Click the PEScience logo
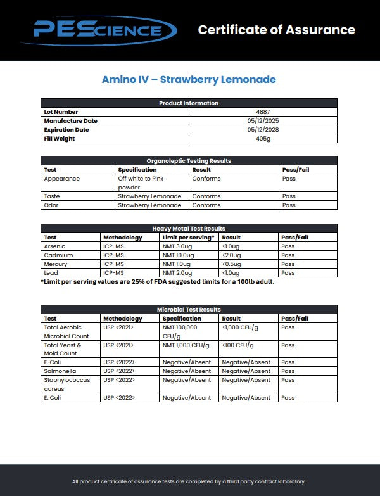[98, 29]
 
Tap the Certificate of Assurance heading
[276, 30]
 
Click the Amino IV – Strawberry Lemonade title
[189, 80]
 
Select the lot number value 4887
[263, 112]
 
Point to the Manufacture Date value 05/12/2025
[263, 121]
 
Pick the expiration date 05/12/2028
[263, 130]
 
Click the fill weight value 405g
[263, 139]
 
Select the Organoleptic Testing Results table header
[189, 161]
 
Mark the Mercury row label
[55, 264]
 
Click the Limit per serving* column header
[188, 238]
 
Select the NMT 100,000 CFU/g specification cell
[180, 332]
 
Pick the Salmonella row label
[59, 371]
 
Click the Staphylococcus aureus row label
[66, 385]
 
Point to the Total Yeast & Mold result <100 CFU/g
[239, 345]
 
